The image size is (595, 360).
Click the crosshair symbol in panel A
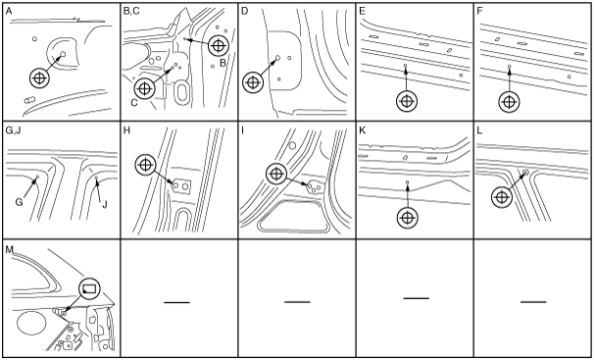coord(39,78)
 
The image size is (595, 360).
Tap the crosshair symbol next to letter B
coord(218,46)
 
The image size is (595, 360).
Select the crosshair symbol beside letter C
coord(144,88)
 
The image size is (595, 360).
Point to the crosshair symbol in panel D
coord(253,82)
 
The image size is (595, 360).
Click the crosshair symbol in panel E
coord(407,101)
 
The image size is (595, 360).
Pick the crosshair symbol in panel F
coord(509,102)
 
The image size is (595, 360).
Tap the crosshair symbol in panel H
coord(145,165)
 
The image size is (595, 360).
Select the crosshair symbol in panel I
coord(276,174)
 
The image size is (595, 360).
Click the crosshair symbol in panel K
coord(407,218)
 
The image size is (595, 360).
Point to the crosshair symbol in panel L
coord(502,197)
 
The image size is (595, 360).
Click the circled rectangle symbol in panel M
coord(89,288)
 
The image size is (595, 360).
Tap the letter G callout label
coord(19,202)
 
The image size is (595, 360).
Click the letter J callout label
coord(105,204)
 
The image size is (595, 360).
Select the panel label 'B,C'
coord(131,11)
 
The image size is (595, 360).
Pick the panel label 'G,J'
coord(14,130)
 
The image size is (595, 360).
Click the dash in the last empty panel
coord(533,302)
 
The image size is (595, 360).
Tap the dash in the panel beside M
coord(176,302)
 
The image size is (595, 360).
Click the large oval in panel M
coord(31,323)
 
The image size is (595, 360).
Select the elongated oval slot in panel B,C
coord(182,92)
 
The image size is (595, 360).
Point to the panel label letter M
coord(9,249)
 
